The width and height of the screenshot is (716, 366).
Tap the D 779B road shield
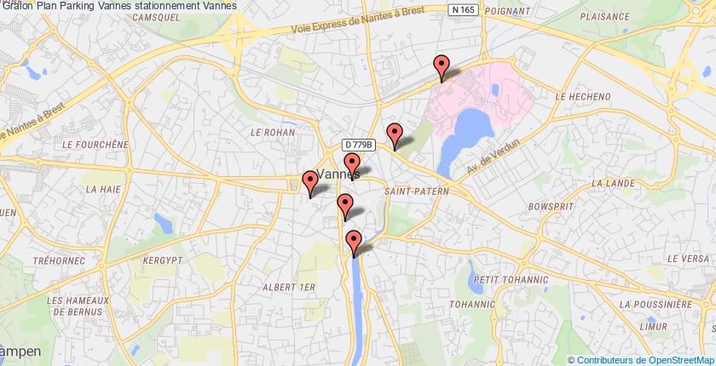(360, 146)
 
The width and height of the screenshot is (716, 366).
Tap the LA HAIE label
(101, 183)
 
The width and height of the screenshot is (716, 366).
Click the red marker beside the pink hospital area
(441, 66)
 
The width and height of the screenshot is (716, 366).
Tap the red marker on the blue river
(353, 243)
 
